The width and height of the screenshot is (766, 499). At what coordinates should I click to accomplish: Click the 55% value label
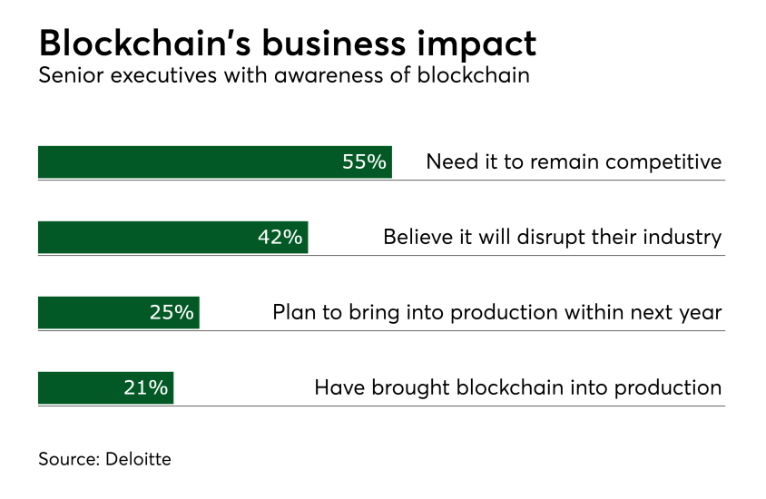(365, 162)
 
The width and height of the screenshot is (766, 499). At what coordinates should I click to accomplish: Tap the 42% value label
(280, 238)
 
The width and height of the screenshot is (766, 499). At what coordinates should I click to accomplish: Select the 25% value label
(172, 313)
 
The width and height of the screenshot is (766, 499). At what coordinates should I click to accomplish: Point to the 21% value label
(146, 388)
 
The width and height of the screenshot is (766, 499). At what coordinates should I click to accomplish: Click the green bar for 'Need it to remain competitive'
(182, 162)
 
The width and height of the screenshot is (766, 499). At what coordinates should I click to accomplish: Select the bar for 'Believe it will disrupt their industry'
(145, 238)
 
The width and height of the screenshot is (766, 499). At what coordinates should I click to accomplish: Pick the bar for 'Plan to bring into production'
(91, 313)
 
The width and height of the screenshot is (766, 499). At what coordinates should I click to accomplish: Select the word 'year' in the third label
(700, 313)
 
